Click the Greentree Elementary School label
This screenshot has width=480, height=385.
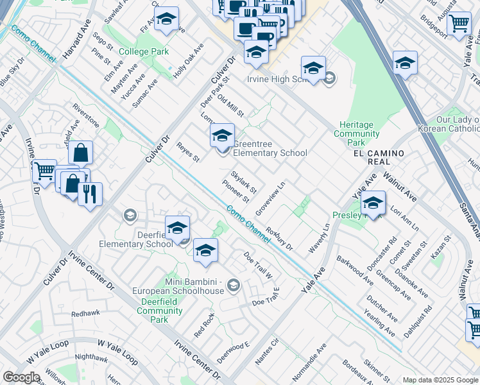270,148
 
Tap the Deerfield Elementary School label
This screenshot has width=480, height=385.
136,239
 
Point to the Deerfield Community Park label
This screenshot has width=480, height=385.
160,311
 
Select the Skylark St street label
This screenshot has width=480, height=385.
244,182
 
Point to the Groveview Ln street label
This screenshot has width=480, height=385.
270,199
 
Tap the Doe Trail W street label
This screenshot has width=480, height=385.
258,265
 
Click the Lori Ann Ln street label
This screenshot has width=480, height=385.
404,219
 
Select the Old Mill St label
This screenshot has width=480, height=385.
231,106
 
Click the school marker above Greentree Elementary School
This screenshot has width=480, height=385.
222,135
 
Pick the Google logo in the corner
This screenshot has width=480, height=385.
21,377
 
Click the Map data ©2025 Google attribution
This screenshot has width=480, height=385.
440,379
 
